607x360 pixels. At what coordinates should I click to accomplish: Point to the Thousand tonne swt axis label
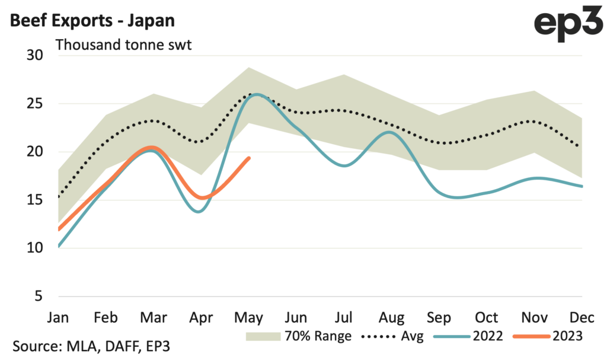pyautogui.click(x=123, y=45)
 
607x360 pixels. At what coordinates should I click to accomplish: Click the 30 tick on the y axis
pyautogui.click(x=35, y=55)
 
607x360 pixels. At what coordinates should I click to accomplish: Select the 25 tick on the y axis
pyautogui.click(x=35, y=104)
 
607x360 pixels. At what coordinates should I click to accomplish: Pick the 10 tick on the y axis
pyautogui.click(x=35, y=247)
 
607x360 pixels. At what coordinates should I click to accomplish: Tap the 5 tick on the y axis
pyautogui.click(x=39, y=295)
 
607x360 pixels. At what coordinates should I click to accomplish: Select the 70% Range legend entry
pyautogui.click(x=299, y=336)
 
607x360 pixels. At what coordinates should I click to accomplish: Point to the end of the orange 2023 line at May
pyautogui.click(x=249, y=158)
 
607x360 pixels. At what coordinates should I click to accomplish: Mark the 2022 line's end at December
pyautogui.click(x=581, y=186)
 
